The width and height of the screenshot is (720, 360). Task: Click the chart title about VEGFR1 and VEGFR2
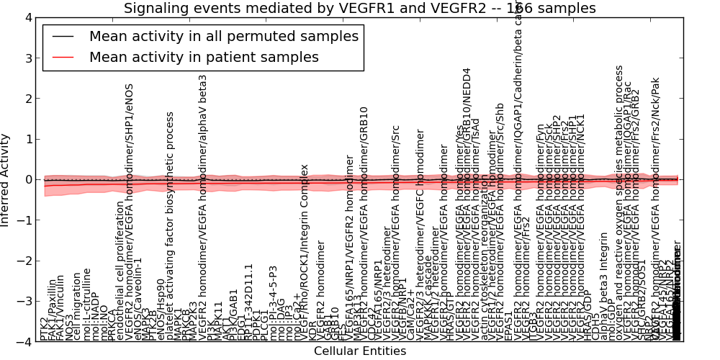[359, 8]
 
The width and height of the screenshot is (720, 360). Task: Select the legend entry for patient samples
[204, 57]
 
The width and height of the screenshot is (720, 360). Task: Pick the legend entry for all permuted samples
[222, 36]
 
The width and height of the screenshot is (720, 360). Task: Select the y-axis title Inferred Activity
[6, 179]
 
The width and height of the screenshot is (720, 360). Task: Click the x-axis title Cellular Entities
[359, 351]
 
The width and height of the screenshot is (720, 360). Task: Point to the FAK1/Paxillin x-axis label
[53, 311]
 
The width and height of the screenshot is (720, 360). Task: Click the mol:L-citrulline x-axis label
[87, 304]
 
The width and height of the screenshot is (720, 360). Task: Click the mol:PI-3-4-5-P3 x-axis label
[274, 302]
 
